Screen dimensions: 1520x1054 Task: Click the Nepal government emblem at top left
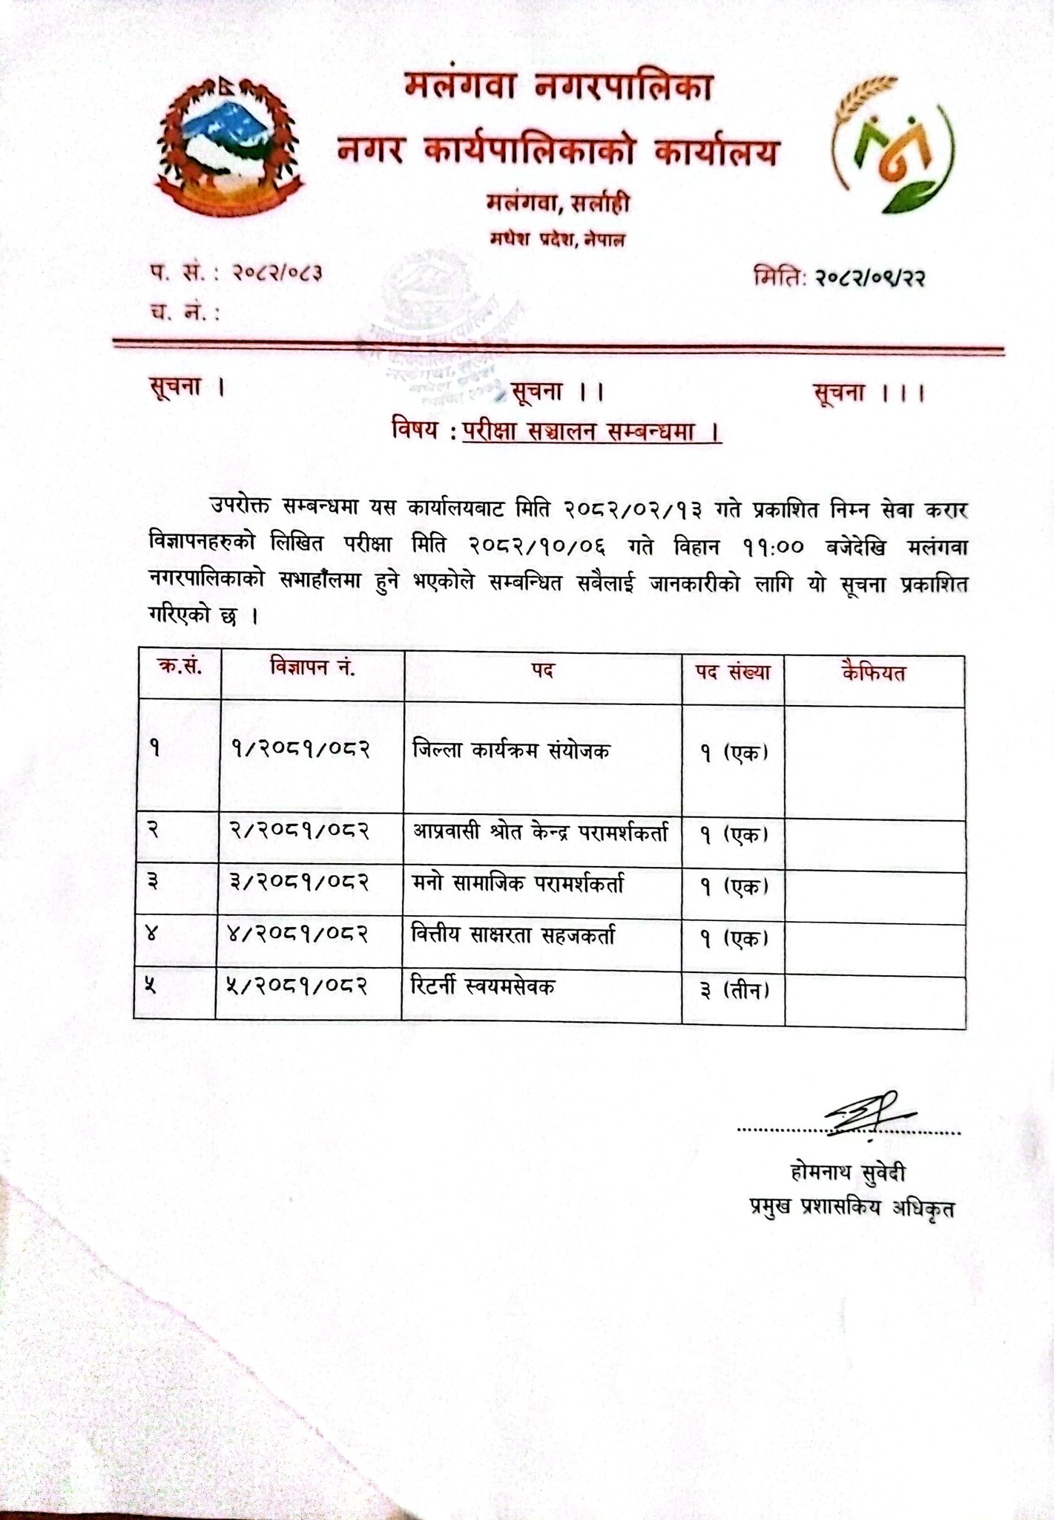point(228,147)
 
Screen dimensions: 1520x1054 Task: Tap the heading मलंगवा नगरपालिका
point(558,88)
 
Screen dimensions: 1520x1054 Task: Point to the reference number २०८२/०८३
point(276,273)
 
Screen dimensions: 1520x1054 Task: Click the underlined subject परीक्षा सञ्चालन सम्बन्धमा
point(591,431)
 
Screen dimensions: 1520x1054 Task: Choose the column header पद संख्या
point(732,672)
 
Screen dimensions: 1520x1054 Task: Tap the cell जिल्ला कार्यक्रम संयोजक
point(511,751)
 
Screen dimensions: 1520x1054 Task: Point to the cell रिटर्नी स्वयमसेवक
point(483,987)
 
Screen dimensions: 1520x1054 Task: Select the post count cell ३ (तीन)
point(734,990)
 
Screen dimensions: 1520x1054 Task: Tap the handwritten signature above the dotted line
point(868,1113)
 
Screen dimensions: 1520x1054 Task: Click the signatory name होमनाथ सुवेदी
point(849,1173)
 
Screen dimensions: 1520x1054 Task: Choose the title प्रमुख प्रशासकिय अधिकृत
point(852,1208)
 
